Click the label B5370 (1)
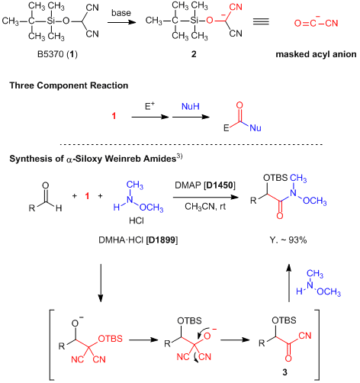click(x=57, y=54)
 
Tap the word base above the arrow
click(x=121, y=13)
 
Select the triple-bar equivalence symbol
click(x=261, y=21)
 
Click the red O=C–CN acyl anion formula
click(x=317, y=22)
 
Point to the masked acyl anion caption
click(x=316, y=54)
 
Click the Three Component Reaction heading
click(x=69, y=85)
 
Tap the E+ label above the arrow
click(x=149, y=106)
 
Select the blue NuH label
click(x=191, y=106)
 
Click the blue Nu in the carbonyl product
click(x=256, y=127)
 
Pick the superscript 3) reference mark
click(x=179, y=156)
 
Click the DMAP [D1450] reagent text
click(x=205, y=185)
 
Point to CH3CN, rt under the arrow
click(x=205, y=207)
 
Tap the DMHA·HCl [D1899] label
click(x=138, y=240)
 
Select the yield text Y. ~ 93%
click(x=288, y=240)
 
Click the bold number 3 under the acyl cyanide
click(x=285, y=372)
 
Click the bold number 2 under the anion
click(x=194, y=54)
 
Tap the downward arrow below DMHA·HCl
click(x=101, y=283)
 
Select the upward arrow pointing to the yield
click(x=288, y=283)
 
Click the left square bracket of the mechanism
click(x=52, y=345)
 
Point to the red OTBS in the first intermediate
click(x=111, y=339)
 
